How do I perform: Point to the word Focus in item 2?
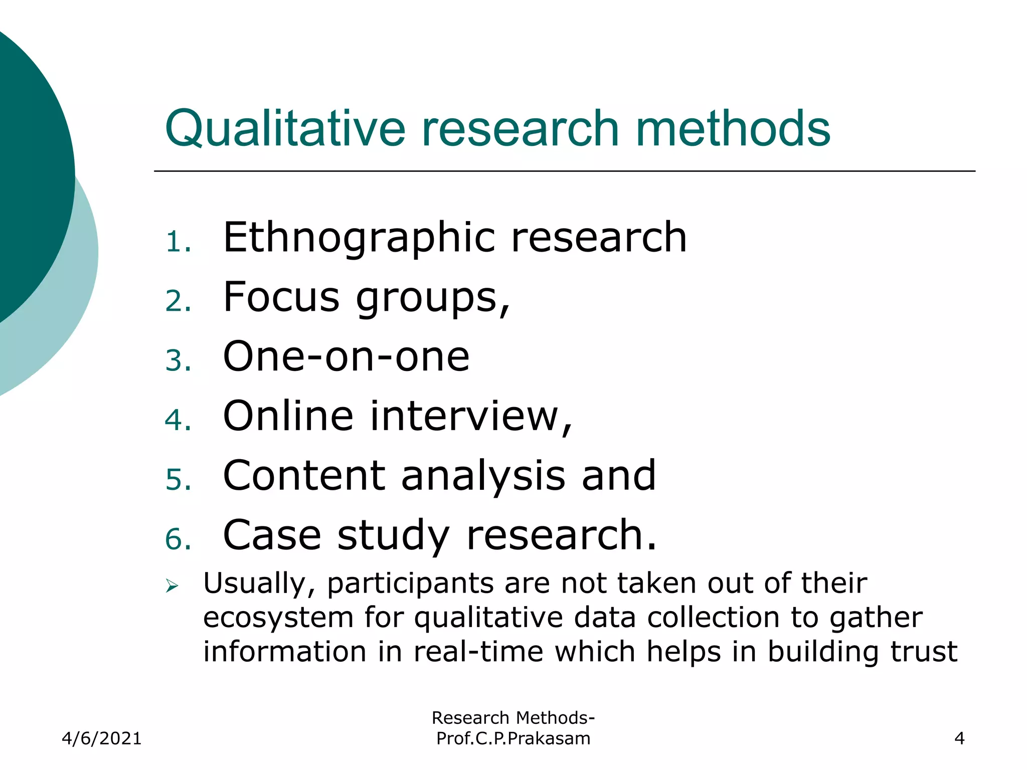tap(281, 297)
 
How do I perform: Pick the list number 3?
tap(178, 361)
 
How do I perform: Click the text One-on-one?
tap(346, 356)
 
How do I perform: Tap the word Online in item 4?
tap(288, 416)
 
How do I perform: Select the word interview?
tap(471, 416)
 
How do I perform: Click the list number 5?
tap(178, 480)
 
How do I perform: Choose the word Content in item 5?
tap(304, 475)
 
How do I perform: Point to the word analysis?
tap(483, 475)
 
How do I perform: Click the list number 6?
tap(178, 539)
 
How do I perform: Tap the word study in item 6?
tap(393, 535)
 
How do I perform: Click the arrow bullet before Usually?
tap(172, 586)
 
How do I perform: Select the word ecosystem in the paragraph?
tap(278, 618)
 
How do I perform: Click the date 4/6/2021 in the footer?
tap(102, 738)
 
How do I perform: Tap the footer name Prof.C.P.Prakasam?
tap(513, 738)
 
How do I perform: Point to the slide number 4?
tap(959, 738)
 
